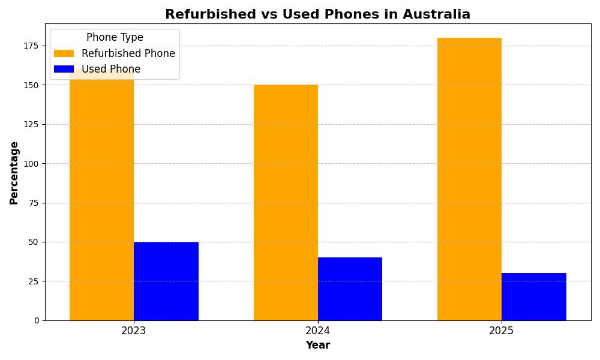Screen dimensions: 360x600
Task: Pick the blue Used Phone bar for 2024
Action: pos(350,289)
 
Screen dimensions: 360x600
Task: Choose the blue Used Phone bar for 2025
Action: pos(534,296)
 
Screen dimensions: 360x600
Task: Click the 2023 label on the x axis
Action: pos(134,331)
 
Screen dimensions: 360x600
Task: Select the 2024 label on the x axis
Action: pos(318,331)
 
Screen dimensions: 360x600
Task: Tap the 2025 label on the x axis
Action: pos(502,331)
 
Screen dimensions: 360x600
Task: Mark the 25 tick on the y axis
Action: pos(34,281)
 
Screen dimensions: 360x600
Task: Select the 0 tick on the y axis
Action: pos(37,320)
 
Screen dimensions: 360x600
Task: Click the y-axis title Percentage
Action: pos(14,173)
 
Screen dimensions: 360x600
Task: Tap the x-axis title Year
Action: pos(318,346)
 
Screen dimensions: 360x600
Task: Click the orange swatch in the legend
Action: pos(64,53)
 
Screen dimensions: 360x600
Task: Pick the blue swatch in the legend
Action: pos(64,69)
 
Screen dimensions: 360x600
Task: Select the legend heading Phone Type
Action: pos(115,38)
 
